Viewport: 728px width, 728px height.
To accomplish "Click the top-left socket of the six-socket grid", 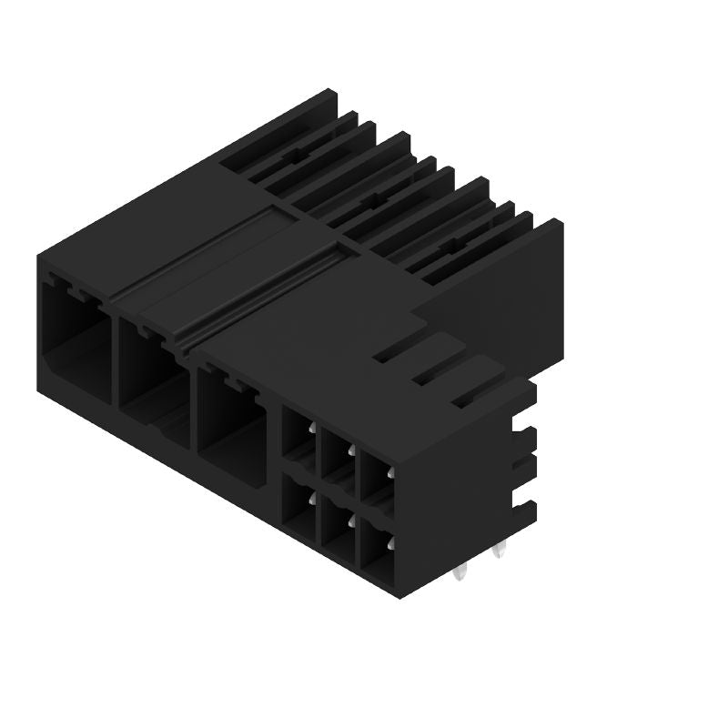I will [298, 434].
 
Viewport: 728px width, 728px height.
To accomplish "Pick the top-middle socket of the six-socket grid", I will [338, 456].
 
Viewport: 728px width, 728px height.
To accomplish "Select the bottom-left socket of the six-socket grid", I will [298, 502].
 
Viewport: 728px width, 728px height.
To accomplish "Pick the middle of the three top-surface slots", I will [437, 373].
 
